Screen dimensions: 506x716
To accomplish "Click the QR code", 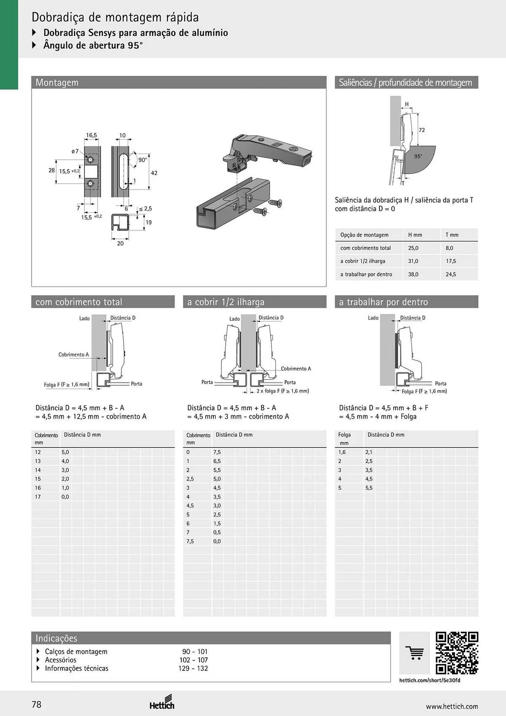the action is pyautogui.click(x=457, y=653).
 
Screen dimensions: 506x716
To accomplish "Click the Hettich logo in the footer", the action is pyautogui.click(x=162, y=702).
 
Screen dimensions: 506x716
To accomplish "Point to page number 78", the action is pyautogui.click(x=37, y=705).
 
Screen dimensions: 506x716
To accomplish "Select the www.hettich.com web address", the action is pyautogui.click(x=452, y=706).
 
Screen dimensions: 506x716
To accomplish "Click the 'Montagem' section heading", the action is pyautogui.click(x=57, y=83).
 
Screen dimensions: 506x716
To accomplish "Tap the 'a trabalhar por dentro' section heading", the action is pyautogui.click(x=383, y=302).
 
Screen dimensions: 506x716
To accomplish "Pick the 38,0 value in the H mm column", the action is pyautogui.click(x=413, y=275).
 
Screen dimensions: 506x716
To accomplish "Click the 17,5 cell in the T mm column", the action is pyautogui.click(x=451, y=261).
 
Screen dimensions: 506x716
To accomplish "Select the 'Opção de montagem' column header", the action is pyautogui.click(x=364, y=235).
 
